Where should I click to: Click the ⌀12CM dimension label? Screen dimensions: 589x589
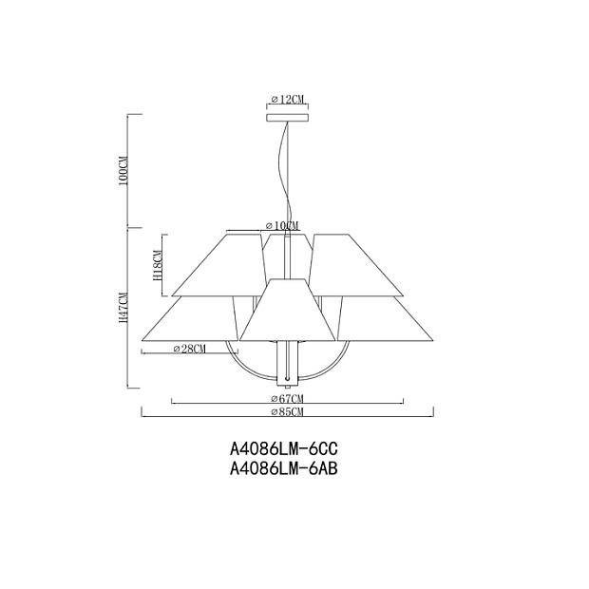(x=287, y=99)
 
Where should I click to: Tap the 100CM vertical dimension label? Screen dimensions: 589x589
(x=123, y=171)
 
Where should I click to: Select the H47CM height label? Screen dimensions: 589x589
(x=123, y=308)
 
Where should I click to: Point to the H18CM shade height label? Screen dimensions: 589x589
(x=157, y=266)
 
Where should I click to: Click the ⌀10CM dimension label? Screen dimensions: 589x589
(x=282, y=225)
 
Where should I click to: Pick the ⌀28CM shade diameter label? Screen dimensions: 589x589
(x=190, y=349)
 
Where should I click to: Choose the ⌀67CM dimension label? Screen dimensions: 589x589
(x=287, y=398)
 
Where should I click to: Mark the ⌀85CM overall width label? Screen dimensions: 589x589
(x=287, y=411)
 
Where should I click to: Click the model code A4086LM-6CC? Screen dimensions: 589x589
(x=284, y=448)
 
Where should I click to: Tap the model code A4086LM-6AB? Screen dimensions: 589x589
(x=284, y=468)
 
